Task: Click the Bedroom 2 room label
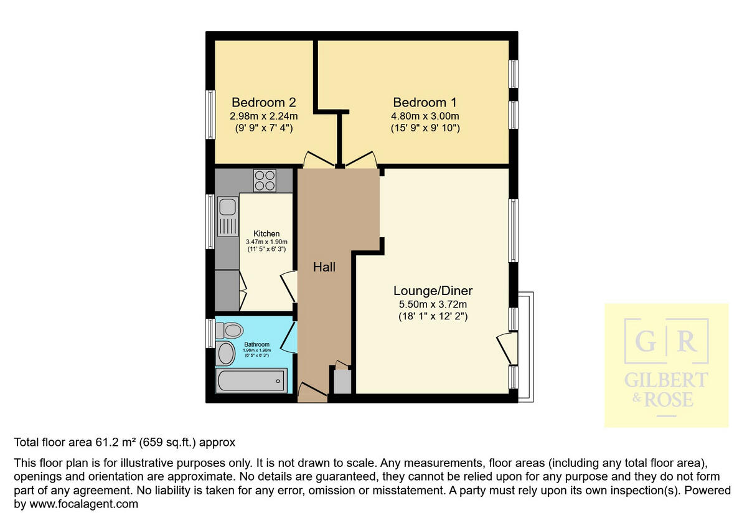(263, 102)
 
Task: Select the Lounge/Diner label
(433, 291)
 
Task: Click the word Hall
(324, 267)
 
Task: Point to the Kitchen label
(266, 233)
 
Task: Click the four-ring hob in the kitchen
(265, 181)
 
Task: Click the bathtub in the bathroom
(251, 380)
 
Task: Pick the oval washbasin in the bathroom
(224, 354)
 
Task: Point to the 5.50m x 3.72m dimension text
(433, 304)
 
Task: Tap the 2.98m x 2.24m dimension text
(263, 116)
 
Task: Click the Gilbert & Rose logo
(666, 365)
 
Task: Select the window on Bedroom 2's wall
(211, 115)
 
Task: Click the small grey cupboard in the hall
(342, 381)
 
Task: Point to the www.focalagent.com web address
(75, 504)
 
